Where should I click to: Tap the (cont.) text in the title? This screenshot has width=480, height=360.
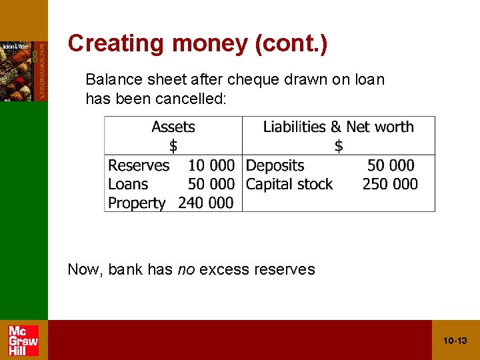(x=291, y=43)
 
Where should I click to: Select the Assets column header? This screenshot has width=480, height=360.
(x=173, y=127)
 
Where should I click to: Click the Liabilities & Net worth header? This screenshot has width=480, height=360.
(x=338, y=127)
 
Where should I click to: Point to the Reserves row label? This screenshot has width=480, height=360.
(x=139, y=165)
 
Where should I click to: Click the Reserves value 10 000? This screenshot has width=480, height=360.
(x=211, y=165)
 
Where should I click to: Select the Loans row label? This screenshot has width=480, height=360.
(x=128, y=184)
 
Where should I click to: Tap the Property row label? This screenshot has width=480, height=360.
(x=137, y=203)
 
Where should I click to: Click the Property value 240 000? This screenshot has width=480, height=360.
(x=206, y=203)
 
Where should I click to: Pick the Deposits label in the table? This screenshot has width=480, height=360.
(x=275, y=165)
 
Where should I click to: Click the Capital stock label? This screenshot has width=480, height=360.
(x=289, y=184)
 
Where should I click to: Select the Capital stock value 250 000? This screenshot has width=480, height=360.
(x=390, y=184)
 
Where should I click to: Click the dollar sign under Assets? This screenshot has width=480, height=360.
(x=173, y=145)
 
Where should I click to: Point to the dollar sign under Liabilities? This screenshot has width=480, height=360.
(x=339, y=145)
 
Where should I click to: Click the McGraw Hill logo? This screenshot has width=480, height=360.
(x=23, y=340)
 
